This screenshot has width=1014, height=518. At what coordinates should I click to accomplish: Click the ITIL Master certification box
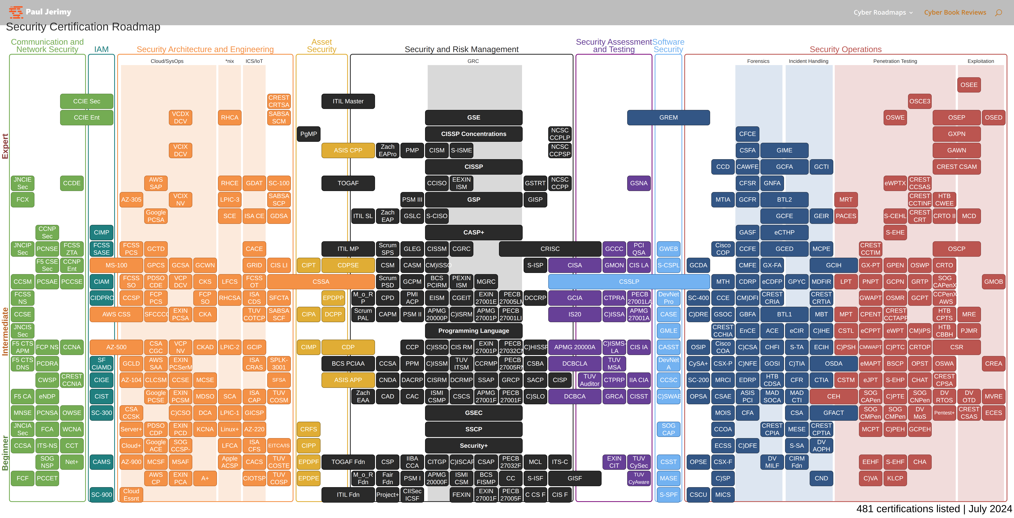(348, 101)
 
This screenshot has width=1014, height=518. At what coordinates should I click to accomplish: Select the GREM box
(668, 117)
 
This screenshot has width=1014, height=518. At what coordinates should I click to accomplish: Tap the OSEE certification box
(969, 85)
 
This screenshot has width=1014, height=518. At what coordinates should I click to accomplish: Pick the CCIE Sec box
(87, 101)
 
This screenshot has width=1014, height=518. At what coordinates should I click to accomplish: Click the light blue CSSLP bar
(629, 282)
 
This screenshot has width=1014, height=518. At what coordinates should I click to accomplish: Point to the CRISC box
(550, 249)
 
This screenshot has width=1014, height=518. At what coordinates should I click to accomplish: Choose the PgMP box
(309, 134)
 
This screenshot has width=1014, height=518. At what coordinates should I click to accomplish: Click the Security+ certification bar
(474, 446)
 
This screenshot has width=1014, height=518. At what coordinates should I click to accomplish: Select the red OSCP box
(957, 249)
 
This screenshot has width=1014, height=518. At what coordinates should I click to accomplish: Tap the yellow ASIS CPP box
(348, 150)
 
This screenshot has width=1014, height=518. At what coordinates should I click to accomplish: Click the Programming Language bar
(474, 331)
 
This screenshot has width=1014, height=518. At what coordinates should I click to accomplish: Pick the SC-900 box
(102, 495)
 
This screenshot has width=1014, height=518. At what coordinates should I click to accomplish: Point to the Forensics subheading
(758, 61)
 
